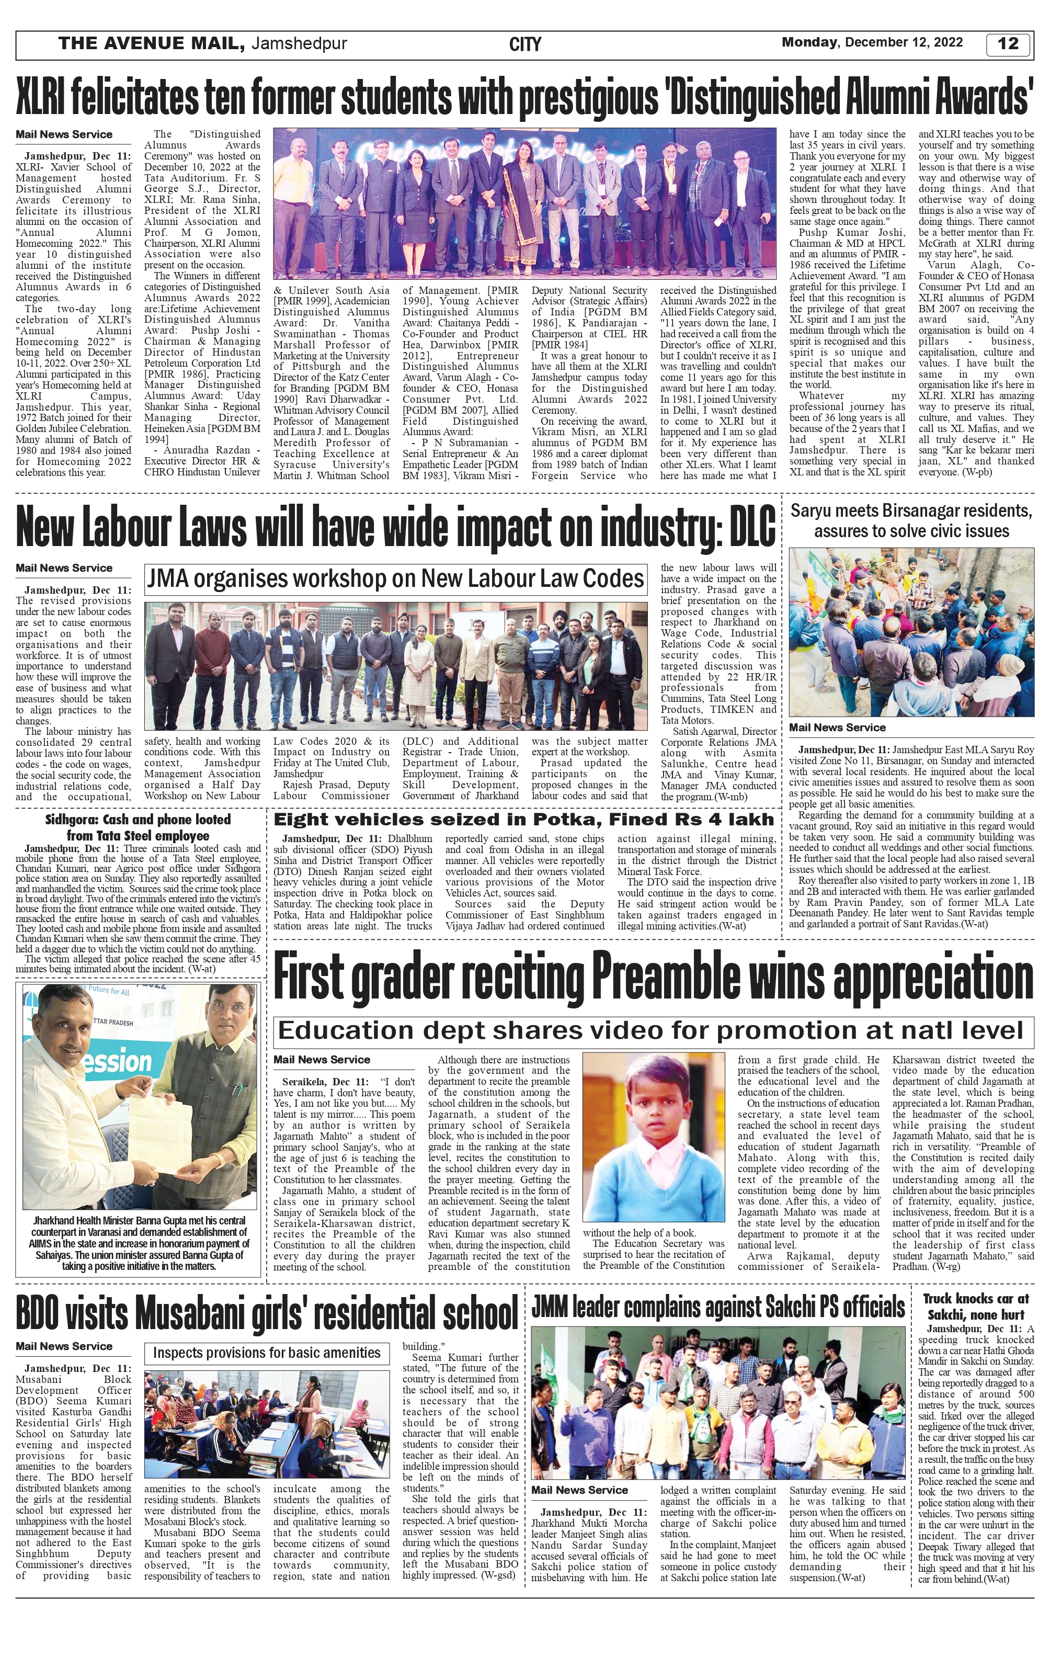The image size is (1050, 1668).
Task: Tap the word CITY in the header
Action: (x=525, y=45)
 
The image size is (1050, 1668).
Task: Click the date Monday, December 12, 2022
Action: (x=872, y=42)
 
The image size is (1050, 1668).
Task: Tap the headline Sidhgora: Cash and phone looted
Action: (x=138, y=827)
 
